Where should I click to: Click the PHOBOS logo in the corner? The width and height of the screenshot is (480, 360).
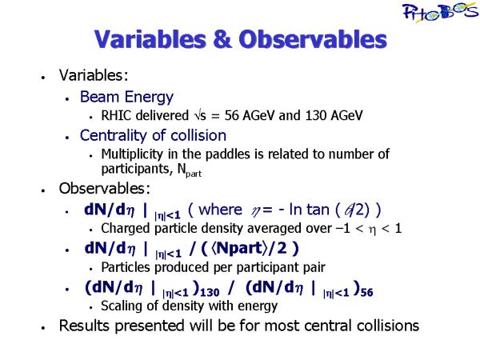click(x=441, y=12)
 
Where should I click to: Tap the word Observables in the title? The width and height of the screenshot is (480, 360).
click(x=313, y=39)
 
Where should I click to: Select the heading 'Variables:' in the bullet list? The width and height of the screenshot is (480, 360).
click(x=94, y=75)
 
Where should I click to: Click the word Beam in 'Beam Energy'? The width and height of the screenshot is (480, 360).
click(x=100, y=97)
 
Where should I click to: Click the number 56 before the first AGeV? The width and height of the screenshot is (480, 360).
click(x=232, y=116)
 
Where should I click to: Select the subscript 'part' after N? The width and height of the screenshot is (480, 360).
click(x=194, y=174)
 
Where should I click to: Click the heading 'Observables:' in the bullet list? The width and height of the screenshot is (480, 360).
click(x=104, y=189)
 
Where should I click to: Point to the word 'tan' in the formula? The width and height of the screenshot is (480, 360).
click(x=318, y=210)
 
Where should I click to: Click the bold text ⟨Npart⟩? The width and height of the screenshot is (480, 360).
click(x=238, y=248)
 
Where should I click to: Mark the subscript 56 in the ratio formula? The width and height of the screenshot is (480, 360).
click(x=366, y=293)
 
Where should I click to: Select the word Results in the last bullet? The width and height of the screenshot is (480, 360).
click(x=84, y=326)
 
